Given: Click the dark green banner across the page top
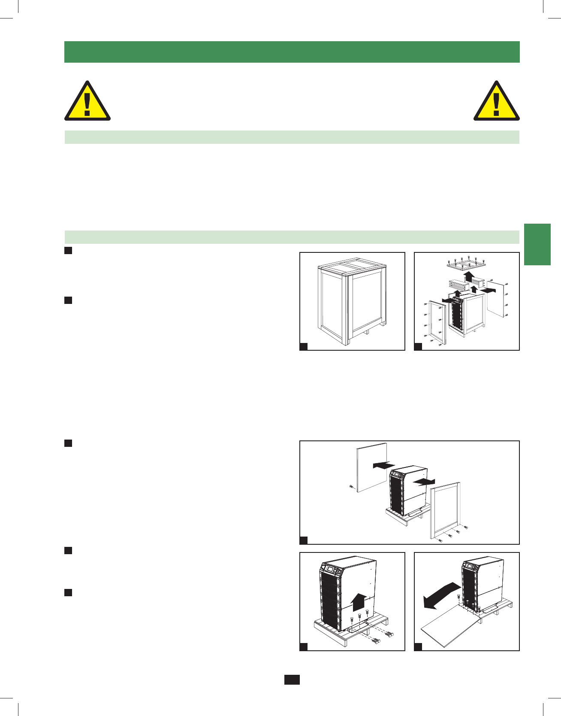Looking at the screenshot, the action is (x=292, y=52).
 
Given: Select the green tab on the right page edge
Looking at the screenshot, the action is (x=537, y=244).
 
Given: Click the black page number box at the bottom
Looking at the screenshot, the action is (x=292, y=680).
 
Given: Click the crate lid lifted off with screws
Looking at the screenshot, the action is (x=466, y=264).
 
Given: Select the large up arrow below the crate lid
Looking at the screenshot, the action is (x=470, y=276).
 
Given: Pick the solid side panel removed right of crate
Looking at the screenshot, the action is (x=498, y=299).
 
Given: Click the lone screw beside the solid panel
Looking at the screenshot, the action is (x=350, y=487).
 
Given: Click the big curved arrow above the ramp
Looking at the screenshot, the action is (x=441, y=595).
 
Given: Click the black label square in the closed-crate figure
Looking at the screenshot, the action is (x=303, y=347).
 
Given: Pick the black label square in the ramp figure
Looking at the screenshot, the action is (x=418, y=647).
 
